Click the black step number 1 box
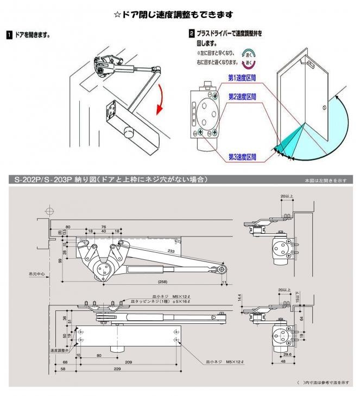[x=9, y=35]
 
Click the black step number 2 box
[x=191, y=33]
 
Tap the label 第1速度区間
[x=242, y=77]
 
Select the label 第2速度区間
[x=242, y=97]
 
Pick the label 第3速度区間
[x=242, y=157]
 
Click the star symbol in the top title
[x=117, y=15]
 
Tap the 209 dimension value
[x=129, y=361]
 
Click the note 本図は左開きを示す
[x=325, y=180]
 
